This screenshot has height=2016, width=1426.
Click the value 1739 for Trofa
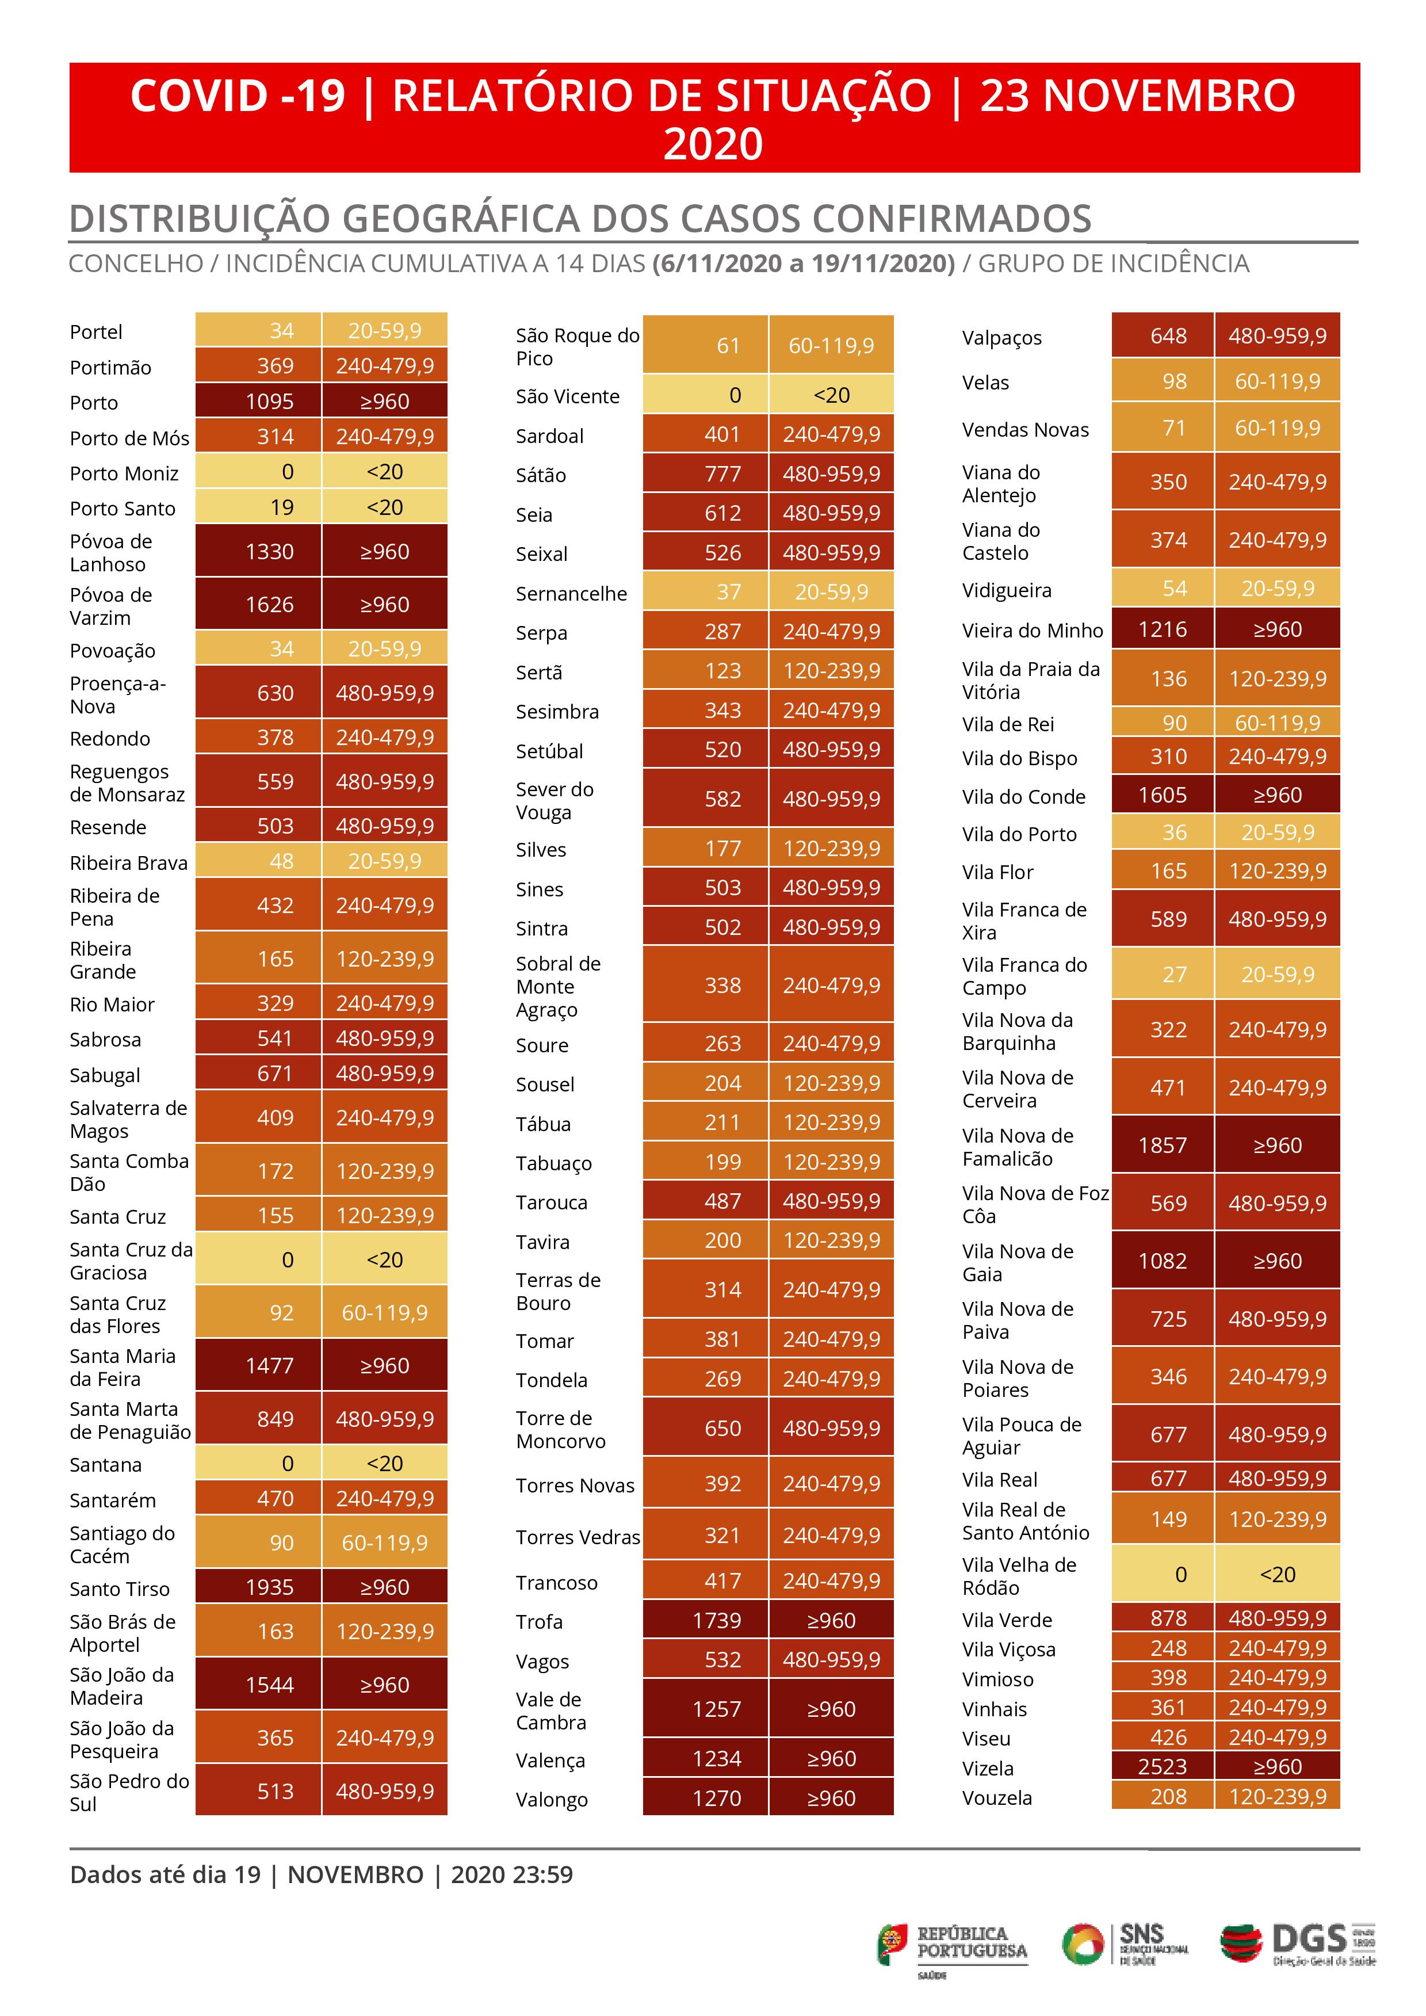(717, 1620)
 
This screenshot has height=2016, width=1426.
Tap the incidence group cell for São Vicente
(831, 395)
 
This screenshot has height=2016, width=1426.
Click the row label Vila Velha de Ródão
(1019, 1576)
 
